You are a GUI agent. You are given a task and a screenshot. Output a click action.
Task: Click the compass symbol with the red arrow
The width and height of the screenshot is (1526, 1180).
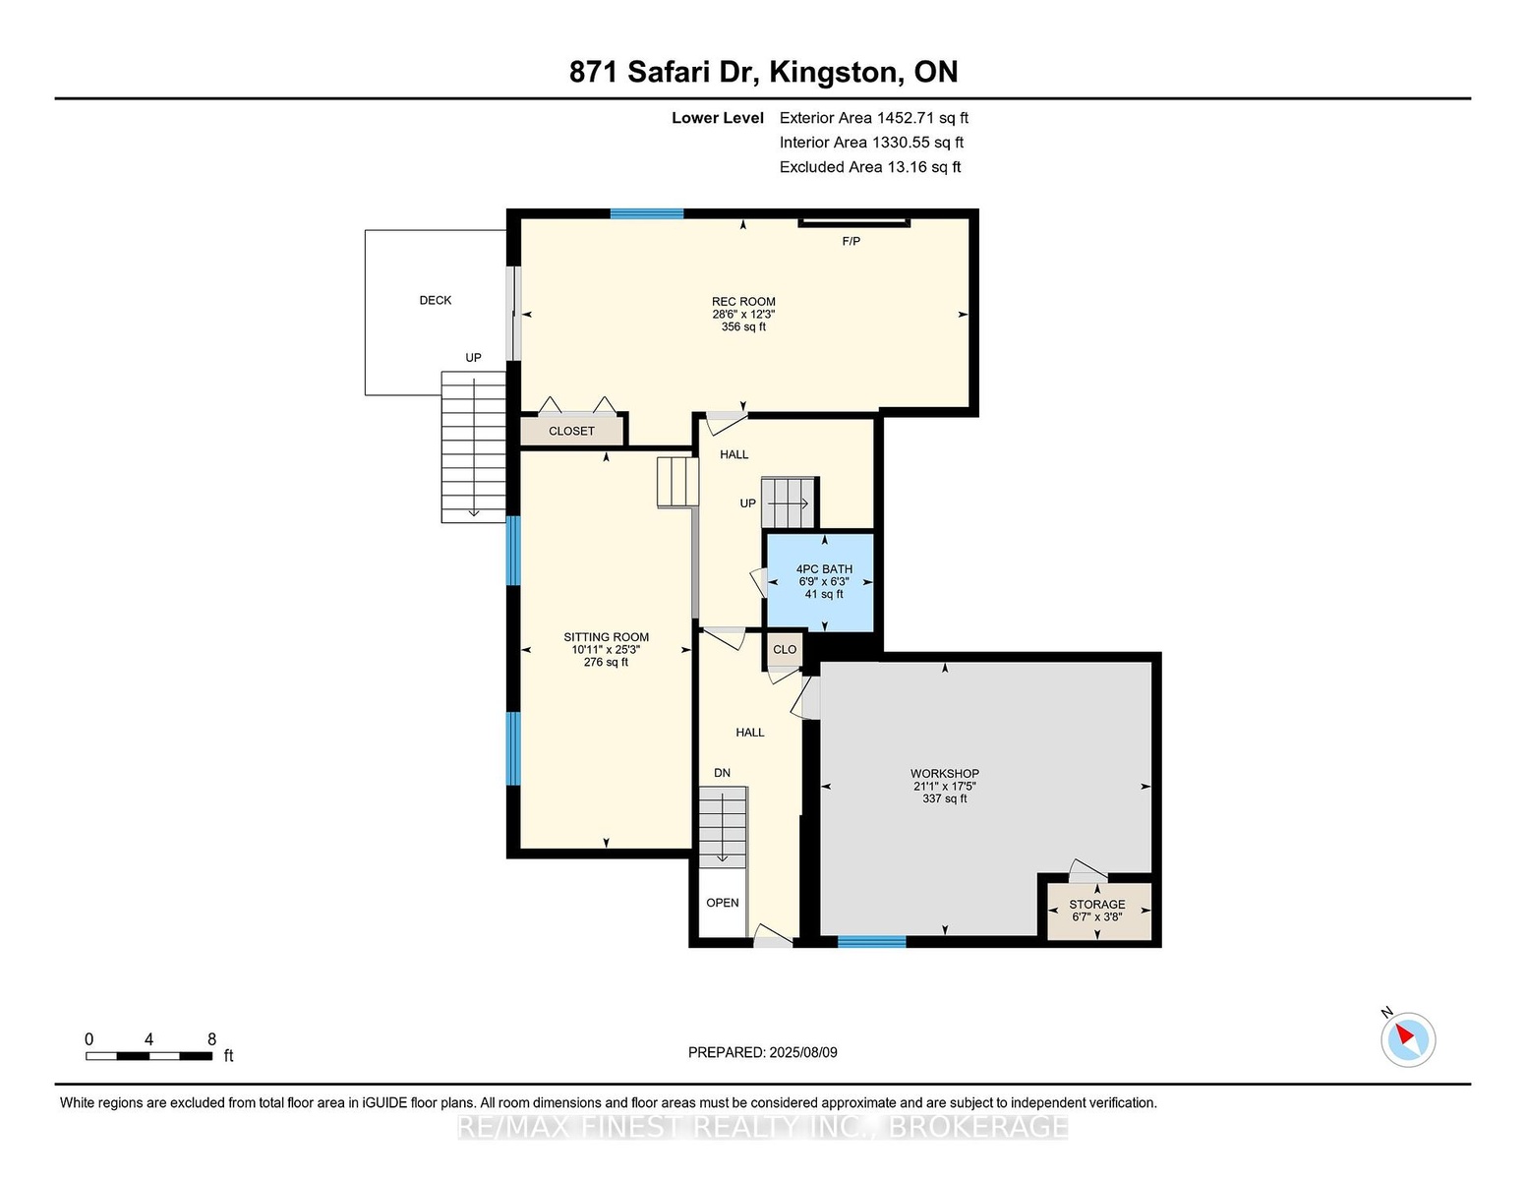(1408, 1039)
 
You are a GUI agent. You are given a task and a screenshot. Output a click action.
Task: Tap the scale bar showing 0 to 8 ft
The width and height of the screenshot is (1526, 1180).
(148, 1056)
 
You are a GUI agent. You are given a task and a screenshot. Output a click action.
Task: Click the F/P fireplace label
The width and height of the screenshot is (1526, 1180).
(851, 242)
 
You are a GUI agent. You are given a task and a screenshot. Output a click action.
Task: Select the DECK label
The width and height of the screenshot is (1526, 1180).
(436, 301)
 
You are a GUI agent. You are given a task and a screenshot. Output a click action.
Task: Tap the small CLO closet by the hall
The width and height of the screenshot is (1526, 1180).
(785, 650)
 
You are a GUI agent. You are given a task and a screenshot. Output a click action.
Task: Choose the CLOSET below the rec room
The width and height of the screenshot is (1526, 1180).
(572, 431)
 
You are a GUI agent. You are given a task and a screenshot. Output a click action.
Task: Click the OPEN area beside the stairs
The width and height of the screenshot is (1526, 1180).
(723, 903)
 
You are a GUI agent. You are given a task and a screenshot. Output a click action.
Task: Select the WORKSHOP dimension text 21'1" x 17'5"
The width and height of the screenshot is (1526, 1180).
(945, 787)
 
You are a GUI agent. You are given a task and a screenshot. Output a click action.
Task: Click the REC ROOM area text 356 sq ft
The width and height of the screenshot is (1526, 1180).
(743, 327)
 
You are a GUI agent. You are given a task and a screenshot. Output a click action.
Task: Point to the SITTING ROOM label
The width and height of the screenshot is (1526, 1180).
(606, 637)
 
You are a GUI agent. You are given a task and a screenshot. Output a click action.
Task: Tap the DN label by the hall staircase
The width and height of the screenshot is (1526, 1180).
(722, 773)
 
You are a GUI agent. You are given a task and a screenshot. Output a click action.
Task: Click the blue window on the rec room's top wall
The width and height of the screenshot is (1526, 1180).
(647, 214)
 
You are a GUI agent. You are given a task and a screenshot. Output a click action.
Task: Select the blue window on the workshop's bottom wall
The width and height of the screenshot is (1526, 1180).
(872, 942)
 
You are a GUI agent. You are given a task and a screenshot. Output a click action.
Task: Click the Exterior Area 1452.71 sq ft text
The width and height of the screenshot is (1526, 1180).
(873, 118)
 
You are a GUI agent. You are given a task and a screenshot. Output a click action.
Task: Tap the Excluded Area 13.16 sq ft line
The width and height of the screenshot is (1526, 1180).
(870, 167)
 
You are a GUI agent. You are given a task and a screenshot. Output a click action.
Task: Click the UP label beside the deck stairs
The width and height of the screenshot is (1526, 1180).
(473, 358)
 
